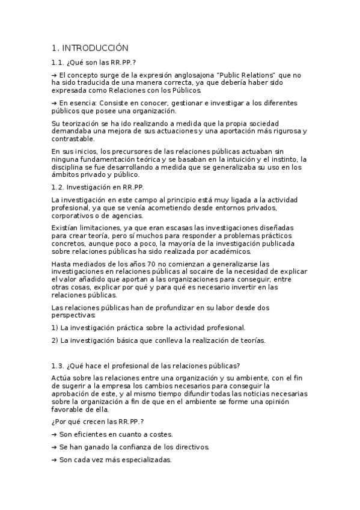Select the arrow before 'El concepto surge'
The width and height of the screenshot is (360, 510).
point(55,74)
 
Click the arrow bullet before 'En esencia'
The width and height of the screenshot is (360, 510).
point(55,103)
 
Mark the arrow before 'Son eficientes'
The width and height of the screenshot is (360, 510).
point(55,434)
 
